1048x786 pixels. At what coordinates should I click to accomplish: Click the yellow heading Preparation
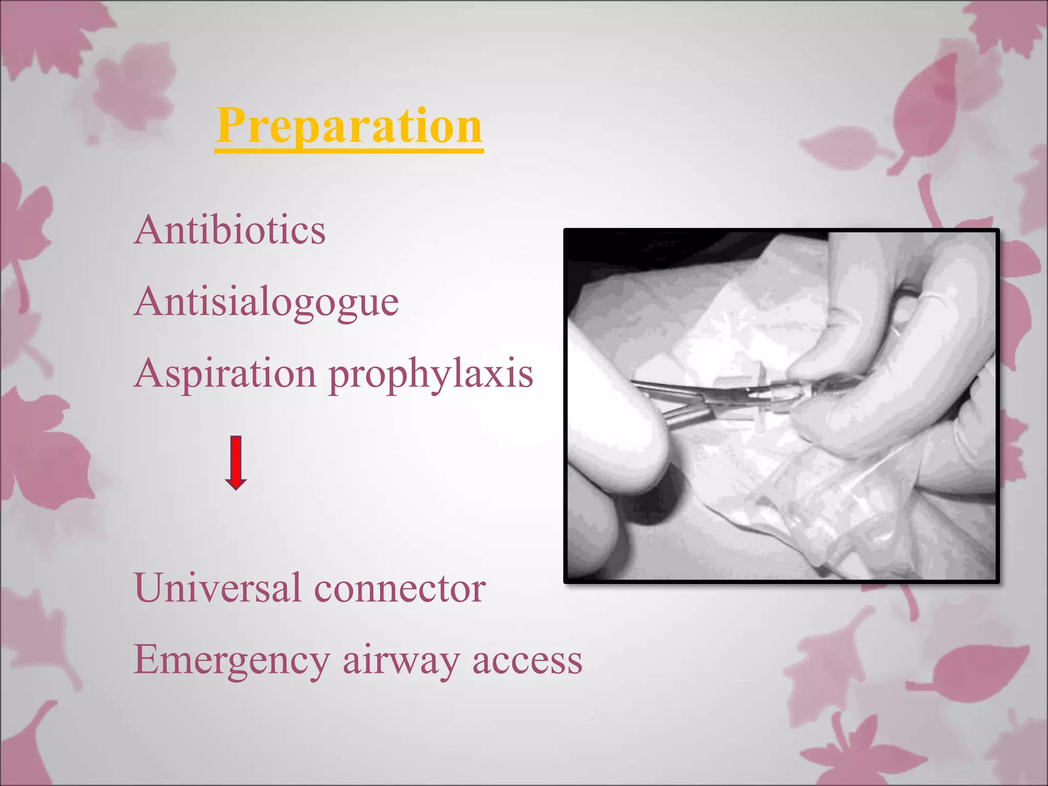349,126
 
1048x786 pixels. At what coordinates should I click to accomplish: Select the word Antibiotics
230,230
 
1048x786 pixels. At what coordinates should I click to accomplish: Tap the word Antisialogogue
266,302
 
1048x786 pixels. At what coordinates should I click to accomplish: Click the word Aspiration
226,374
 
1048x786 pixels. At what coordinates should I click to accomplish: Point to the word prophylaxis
431,375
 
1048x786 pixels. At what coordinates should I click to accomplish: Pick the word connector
400,589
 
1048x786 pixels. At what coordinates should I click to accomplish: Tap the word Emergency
231,660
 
